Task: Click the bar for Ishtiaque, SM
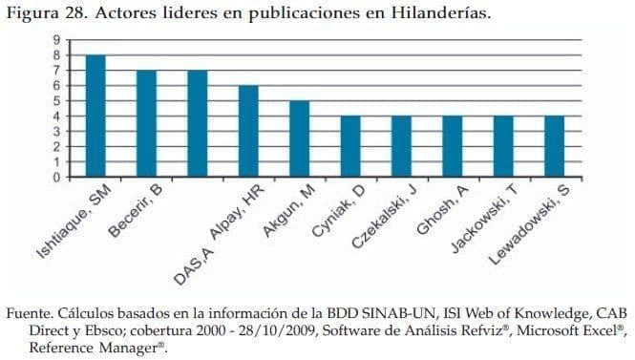coord(95,116)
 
